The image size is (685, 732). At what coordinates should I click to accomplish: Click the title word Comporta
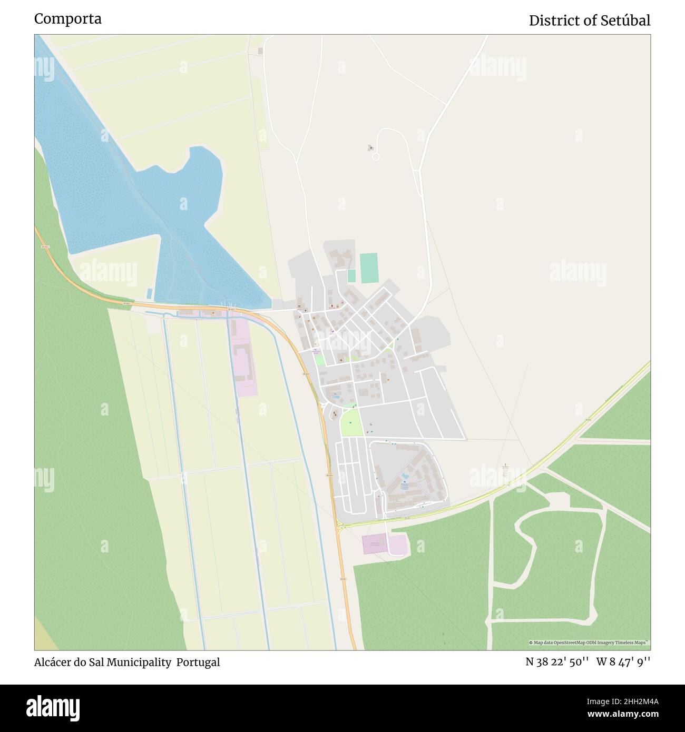pos(68,19)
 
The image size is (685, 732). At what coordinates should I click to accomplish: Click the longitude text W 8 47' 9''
pos(623,662)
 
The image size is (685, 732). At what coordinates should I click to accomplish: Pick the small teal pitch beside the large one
pos(351,275)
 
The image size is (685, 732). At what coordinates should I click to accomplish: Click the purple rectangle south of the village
pos(374,544)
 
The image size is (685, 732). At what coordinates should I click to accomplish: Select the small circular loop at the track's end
pos(375,156)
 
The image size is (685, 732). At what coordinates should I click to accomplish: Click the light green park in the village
pos(351,422)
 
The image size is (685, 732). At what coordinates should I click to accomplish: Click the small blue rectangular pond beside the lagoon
pos(149,292)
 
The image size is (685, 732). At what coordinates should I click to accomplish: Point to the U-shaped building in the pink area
pos(243,362)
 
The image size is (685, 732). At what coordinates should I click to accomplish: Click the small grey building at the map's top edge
pos(260,51)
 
